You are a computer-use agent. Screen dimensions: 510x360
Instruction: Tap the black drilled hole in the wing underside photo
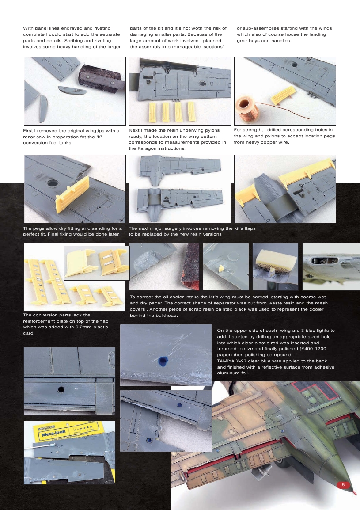61,389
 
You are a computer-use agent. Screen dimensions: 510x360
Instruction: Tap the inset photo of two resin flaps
96,263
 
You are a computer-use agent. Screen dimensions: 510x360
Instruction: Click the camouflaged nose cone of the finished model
336,464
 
